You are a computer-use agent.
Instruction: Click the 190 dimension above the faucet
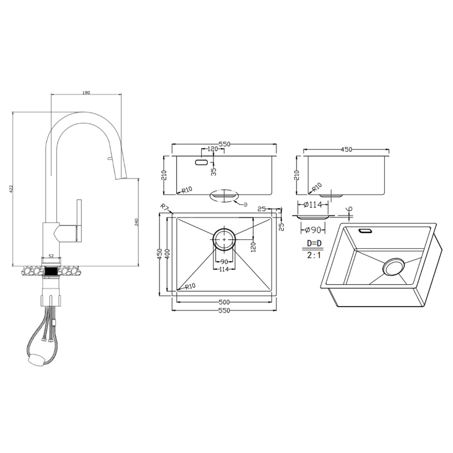pyautogui.click(x=86, y=93)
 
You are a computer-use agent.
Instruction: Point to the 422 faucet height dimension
pyautogui.click(x=11, y=189)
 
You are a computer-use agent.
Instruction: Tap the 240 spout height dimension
pyautogui.click(x=137, y=222)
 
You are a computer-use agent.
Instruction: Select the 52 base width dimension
pyautogui.click(x=51, y=255)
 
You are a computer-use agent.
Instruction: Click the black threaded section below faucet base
pyautogui.click(x=52, y=271)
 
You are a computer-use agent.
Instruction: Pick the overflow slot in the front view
pyautogui.click(x=201, y=162)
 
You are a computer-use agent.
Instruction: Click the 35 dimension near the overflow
pyautogui.click(x=214, y=171)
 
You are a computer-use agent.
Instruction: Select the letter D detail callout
pyautogui.click(x=246, y=205)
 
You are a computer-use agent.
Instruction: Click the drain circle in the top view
pyautogui.click(x=224, y=239)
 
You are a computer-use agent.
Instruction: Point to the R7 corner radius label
pyautogui.click(x=165, y=207)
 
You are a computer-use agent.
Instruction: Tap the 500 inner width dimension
pyautogui.click(x=224, y=302)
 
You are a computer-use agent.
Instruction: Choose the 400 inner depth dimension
pyautogui.click(x=168, y=254)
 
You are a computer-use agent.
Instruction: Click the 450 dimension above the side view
pyautogui.click(x=347, y=149)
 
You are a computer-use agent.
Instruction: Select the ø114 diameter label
pyautogui.click(x=313, y=205)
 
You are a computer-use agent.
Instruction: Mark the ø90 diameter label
pyautogui.click(x=313, y=230)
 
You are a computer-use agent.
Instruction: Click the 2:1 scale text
pyautogui.click(x=314, y=255)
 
